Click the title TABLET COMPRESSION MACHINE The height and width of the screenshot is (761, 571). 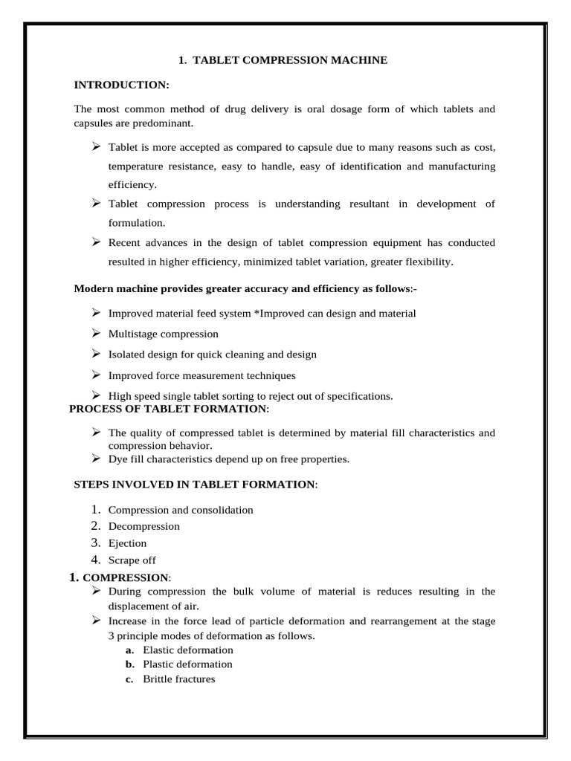coord(290,60)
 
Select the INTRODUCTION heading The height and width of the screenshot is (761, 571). coord(122,86)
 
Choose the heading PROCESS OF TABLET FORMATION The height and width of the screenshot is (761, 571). coord(167,409)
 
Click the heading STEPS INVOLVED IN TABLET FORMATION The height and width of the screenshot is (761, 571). coord(194,485)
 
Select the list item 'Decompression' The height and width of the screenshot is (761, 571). coord(143,526)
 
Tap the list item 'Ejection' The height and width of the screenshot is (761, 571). coord(127,543)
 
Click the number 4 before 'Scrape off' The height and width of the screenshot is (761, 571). coord(95,560)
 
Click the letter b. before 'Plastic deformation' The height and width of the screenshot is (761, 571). coord(129,664)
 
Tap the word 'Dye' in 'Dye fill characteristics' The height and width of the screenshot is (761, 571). coord(119,459)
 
